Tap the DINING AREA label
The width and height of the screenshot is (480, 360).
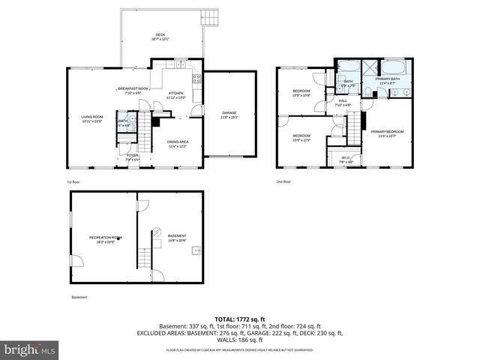point(177,142)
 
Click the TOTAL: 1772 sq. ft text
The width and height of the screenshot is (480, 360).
point(239,319)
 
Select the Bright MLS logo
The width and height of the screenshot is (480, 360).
point(28,349)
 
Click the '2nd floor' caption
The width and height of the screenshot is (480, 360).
point(283,182)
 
